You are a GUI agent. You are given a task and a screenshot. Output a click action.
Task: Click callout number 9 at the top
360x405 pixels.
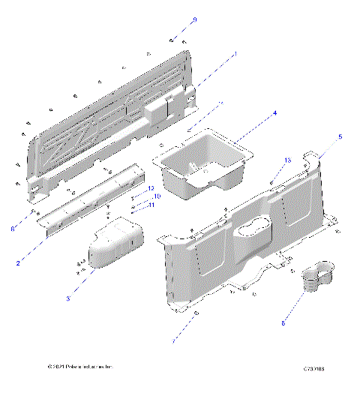tap(194, 19)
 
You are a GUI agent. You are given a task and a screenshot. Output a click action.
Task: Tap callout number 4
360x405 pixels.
tap(274, 113)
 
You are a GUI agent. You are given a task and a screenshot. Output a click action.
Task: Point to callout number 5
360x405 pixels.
tap(340, 137)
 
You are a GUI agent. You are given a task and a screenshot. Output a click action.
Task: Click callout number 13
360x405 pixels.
tap(287, 161)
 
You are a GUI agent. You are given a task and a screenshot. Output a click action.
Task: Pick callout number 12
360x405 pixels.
tap(151, 188)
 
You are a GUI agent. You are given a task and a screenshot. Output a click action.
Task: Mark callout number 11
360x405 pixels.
tap(151, 205)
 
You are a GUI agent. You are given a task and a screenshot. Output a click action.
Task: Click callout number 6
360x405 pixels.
tap(13, 228)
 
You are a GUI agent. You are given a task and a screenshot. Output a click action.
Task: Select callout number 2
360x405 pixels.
tap(17, 264)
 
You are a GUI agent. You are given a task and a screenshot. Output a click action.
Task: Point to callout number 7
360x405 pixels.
tap(174, 341)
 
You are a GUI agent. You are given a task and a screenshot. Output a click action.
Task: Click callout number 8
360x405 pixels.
tap(283, 323)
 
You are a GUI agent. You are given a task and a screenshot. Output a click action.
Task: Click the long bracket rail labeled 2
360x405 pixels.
tap(97, 199)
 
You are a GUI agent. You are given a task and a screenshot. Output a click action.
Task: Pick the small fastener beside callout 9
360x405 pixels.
tap(172, 37)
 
